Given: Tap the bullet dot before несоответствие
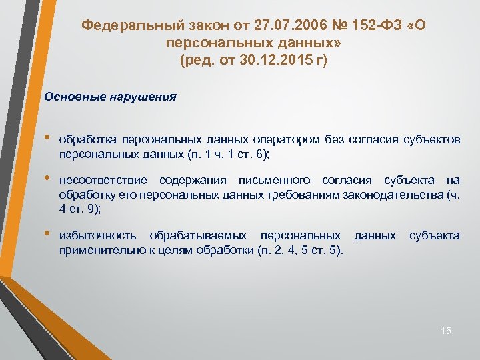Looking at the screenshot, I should [x=48, y=179].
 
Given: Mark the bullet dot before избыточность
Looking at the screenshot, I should [x=48, y=235].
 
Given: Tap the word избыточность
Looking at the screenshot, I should [x=98, y=235].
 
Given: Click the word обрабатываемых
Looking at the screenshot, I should [x=199, y=235].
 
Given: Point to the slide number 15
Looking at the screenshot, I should [x=446, y=331].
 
